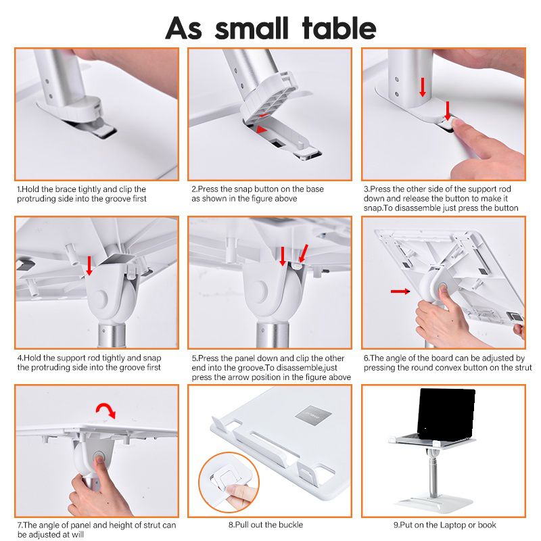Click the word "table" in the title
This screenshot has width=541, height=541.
(339, 28)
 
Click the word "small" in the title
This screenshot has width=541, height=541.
(251, 28)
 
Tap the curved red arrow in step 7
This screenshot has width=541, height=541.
(106, 410)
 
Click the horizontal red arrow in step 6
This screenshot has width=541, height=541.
(400, 291)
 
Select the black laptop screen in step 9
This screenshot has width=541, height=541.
(446, 415)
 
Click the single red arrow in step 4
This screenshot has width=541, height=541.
(89, 266)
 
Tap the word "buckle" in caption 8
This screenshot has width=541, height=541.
(291, 525)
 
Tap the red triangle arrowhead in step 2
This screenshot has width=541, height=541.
(262, 129)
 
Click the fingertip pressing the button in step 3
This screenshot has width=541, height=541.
(458, 125)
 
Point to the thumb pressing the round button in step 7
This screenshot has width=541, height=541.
(99, 461)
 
